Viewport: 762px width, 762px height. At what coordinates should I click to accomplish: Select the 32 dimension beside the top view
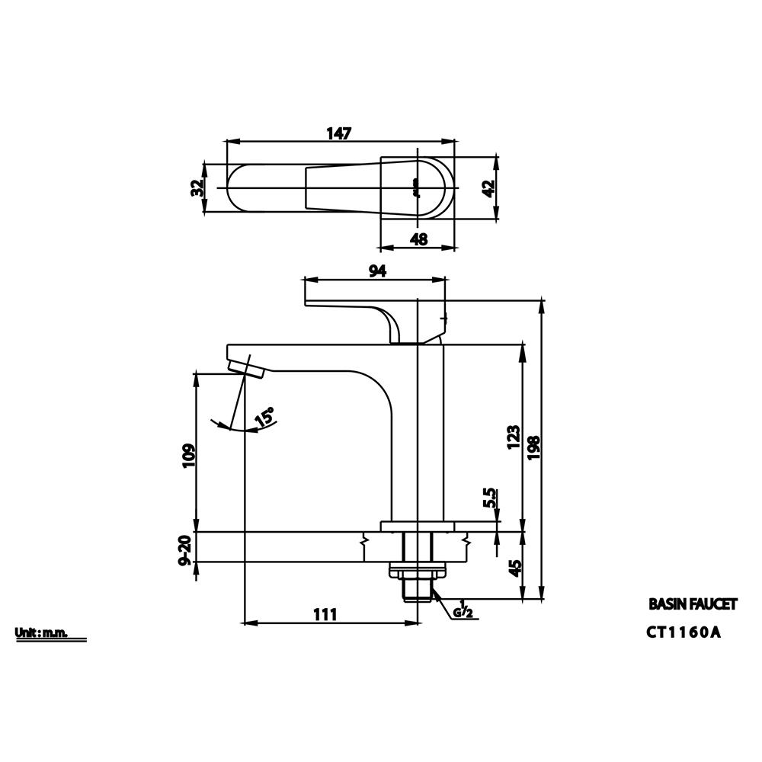tap(197, 187)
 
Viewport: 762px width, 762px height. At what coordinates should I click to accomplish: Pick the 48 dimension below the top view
tap(418, 239)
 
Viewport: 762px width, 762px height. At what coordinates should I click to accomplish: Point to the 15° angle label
tap(265, 417)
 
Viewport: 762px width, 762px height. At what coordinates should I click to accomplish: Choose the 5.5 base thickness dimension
tap(491, 498)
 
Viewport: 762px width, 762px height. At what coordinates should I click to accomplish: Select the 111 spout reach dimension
tap(325, 614)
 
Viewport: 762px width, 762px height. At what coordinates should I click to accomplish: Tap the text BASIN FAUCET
tap(692, 604)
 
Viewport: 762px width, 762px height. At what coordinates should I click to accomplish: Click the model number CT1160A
tap(683, 632)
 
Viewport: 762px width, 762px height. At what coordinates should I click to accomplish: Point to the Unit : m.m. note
tap(41, 632)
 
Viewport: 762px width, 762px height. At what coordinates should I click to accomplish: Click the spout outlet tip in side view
tap(245, 369)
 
